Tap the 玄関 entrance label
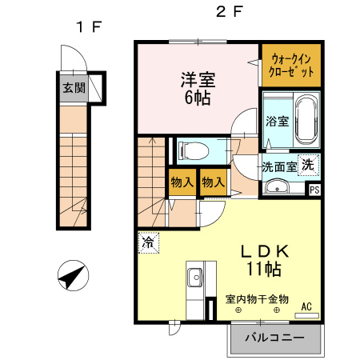click(x=74, y=88)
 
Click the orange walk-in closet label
click(x=292, y=64)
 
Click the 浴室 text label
click(x=276, y=124)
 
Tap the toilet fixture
click(x=195, y=149)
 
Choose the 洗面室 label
click(x=279, y=167)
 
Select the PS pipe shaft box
click(x=314, y=190)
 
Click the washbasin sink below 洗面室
click(x=278, y=188)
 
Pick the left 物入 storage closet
click(x=182, y=183)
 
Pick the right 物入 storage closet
click(x=212, y=183)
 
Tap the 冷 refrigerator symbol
click(x=149, y=240)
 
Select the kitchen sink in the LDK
click(x=195, y=278)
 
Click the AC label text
click(x=306, y=306)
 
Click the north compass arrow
click(x=71, y=276)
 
